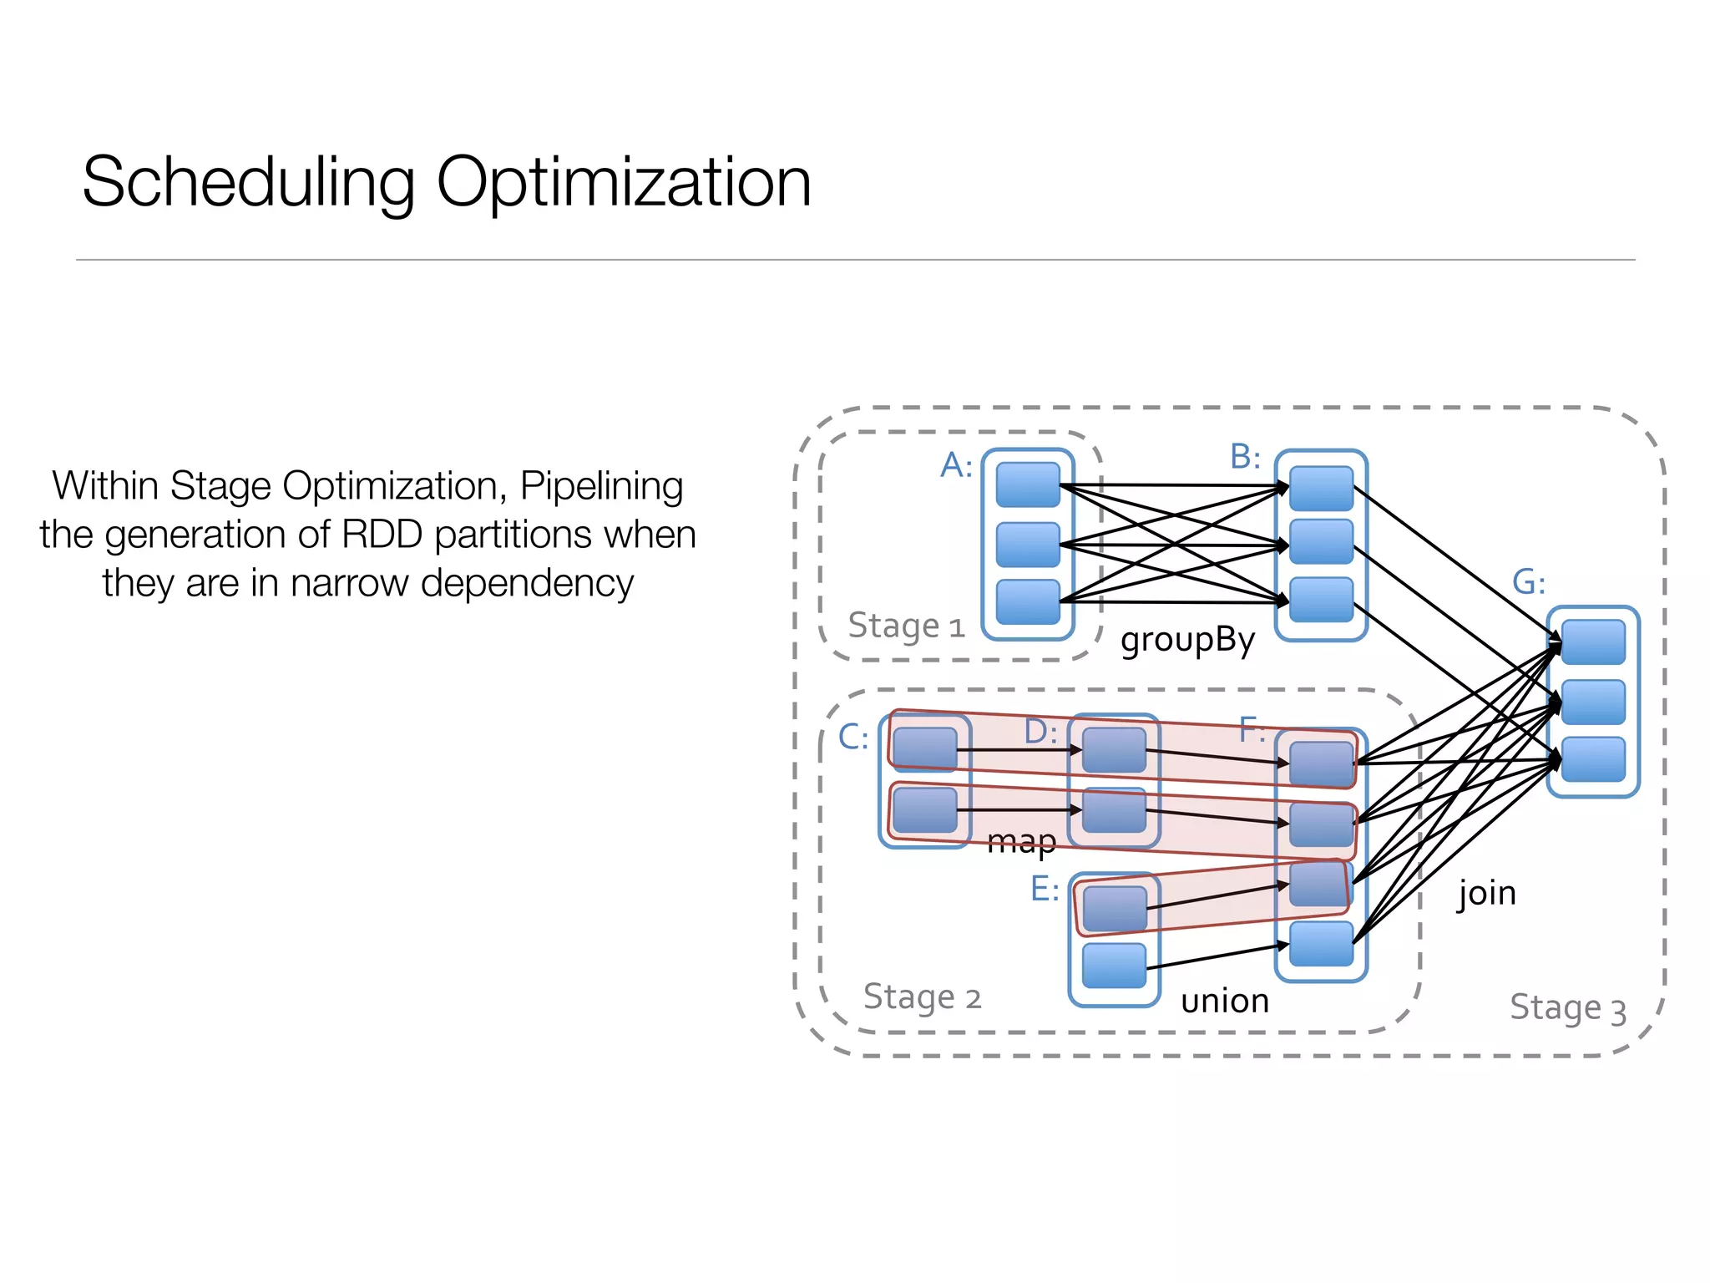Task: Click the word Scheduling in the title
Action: [x=249, y=183]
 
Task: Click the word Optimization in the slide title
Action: [x=623, y=183]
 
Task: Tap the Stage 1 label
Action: [x=906, y=626]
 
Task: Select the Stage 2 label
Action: [x=922, y=996]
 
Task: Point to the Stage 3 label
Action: [x=1567, y=1007]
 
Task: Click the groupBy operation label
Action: [x=1187, y=640]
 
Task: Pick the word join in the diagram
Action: [x=1486, y=893]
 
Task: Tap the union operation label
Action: [x=1225, y=1000]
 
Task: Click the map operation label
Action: [x=1021, y=841]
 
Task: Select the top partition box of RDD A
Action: [x=1028, y=485]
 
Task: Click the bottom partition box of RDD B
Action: [x=1321, y=600]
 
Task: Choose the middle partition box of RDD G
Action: [x=1593, y=702]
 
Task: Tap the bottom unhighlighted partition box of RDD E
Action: [x=1114, y=966]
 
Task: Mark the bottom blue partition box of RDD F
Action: [x=1321, y=944]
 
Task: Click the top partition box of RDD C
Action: [x=924, y=748]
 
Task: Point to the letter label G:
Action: [x=1528, y=582]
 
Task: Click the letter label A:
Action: [x=956, y=465]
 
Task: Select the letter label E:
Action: [x=1045, y=889]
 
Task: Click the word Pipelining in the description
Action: [x=601, y=486]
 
